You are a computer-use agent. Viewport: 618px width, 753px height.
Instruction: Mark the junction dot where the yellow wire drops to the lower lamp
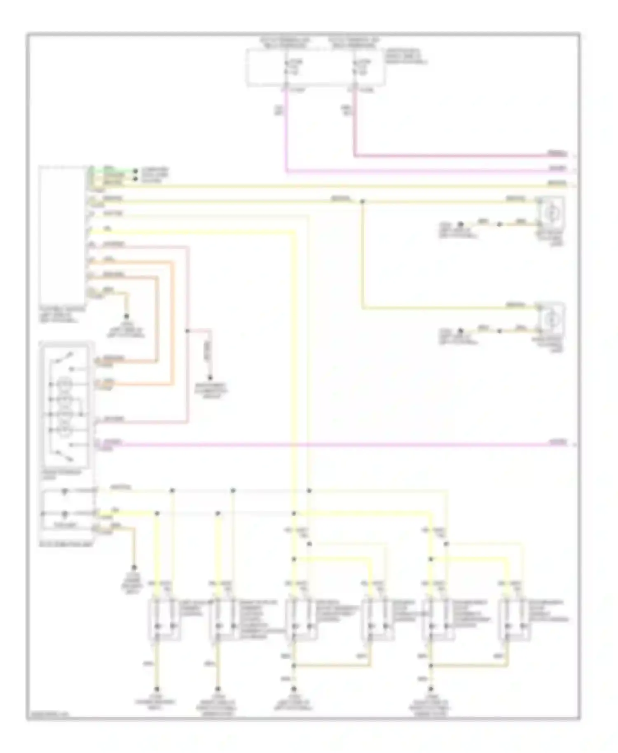[x=363, y=201]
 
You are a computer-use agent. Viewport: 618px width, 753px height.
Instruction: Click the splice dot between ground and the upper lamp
[x=499, y=224]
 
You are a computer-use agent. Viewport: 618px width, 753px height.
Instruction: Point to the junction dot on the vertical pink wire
[x=188, y=331]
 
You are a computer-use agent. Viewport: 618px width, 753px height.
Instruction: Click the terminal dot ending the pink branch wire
[x=210, y=378]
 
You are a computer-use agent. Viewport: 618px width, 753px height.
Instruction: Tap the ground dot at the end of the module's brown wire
[x=127, y=316]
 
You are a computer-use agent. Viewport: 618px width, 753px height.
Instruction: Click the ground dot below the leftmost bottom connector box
[x=157, y=689]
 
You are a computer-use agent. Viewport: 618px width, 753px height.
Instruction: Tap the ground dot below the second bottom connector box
[x=218, y=689]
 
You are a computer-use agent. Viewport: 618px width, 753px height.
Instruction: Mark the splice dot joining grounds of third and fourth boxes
[x=294, y=665]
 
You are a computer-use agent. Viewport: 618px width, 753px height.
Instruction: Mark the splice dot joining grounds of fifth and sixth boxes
[x=431, y=665]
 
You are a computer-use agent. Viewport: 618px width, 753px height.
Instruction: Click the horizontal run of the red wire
[x=453, y=156]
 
